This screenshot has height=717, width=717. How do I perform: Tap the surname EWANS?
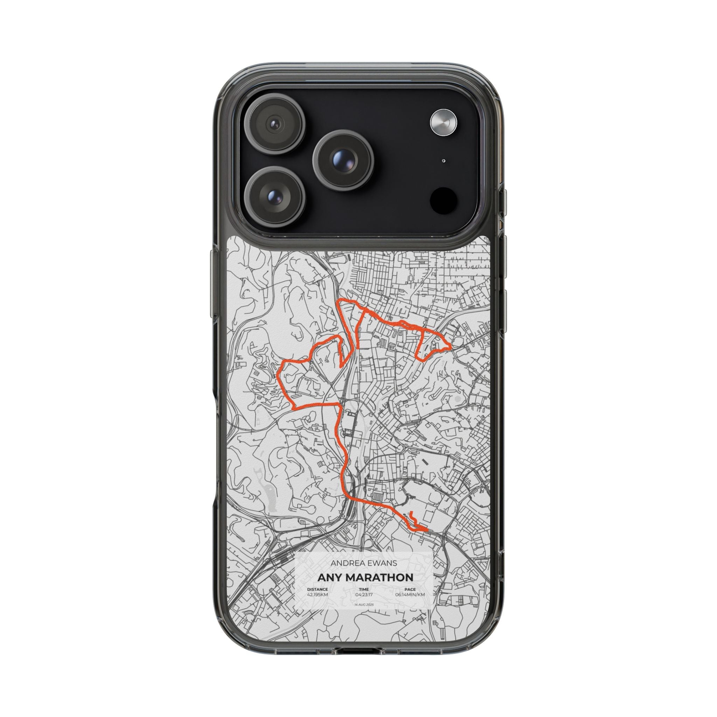pos(382,573)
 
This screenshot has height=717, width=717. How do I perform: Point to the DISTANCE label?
pos(317,599)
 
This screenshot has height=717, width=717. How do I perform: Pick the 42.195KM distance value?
pos(317,605)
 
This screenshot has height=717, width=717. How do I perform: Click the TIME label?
pos(364,599)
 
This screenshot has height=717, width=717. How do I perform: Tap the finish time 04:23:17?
pos(364,605)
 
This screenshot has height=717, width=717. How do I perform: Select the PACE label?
pos(410,599)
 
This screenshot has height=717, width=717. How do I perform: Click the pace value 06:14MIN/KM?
pos(410,605)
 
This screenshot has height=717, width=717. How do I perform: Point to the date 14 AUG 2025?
pos(364,615)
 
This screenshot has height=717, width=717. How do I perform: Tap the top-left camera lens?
pos(276,123)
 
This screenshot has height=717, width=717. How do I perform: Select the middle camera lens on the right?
pos(342,160)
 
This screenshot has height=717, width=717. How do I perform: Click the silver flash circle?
pos(444,122)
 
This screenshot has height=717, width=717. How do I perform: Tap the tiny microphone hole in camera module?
pos(444,161)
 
